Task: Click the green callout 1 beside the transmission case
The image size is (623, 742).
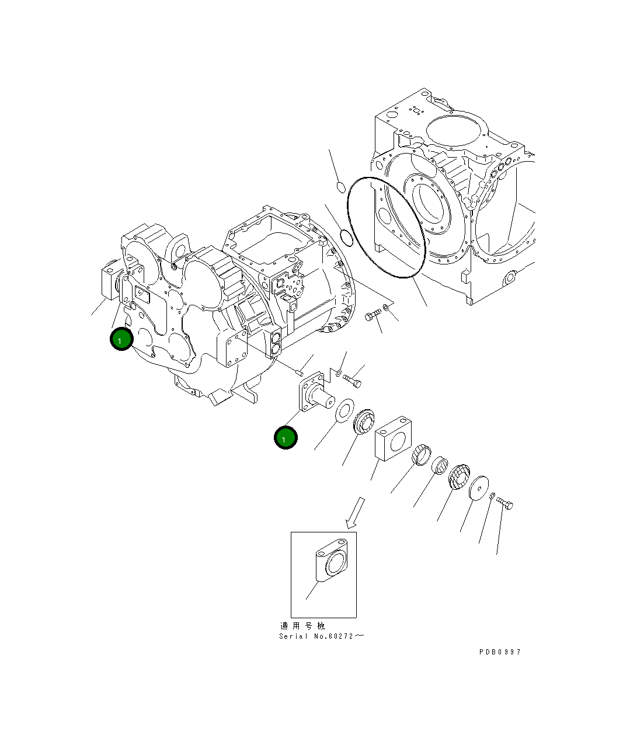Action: coord(121,339)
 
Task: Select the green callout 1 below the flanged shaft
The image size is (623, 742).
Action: coord(286,438)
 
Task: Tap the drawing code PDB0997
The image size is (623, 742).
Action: coord(500,652)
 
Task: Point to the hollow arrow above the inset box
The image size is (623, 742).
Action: coord(356,513)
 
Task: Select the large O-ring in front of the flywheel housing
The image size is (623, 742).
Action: coord(385,227)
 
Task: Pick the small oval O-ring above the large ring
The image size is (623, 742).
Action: coord(342,187)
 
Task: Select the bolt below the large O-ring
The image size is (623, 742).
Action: coord(373,316)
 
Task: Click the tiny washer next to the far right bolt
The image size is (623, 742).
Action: coord(492,496)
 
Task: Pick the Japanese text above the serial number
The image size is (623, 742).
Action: coord(303,626)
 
